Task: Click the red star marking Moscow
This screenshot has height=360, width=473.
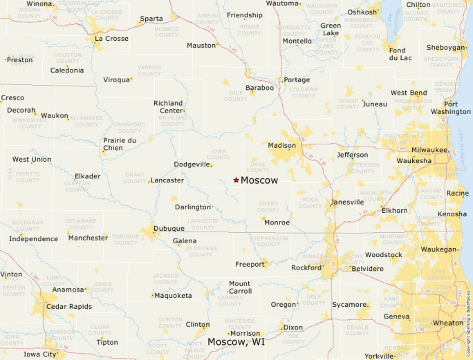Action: coord(236,180)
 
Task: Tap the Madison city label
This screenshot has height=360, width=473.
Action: coord(281,146)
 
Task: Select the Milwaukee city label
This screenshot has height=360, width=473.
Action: coord(429,150)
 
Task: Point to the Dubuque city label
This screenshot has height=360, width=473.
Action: coord(169,229)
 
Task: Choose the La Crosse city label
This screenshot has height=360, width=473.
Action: coord(111,39)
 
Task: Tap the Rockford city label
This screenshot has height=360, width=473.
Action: coord(306,267)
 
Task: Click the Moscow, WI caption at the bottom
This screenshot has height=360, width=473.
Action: coord(236,342)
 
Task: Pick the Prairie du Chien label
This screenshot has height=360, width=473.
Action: coord(120,144)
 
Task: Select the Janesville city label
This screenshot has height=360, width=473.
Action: coord(347,202)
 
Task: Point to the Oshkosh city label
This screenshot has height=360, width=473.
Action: coord(362,12)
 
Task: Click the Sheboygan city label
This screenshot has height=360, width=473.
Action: coord(446,48)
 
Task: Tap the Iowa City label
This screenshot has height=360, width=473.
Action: coord(40,354)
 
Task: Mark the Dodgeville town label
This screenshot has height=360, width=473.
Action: coord(192,164)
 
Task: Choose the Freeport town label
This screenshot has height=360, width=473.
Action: coord(250,264)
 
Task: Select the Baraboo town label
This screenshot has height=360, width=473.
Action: coord(259,88)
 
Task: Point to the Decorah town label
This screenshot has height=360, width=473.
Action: coord(21,110)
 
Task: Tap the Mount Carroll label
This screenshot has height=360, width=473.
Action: coord(240,287)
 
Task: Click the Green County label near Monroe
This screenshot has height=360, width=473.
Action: coord(268,206)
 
